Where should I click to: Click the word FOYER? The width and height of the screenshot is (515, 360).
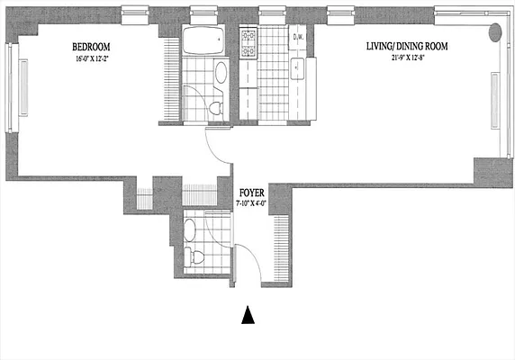[x=250, y=193]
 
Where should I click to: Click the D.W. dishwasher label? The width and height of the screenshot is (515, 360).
[x=299, y=37]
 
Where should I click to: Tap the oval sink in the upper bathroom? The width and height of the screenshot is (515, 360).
[x=220, y=74]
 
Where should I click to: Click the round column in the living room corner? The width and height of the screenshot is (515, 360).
[x=495, y=33]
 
